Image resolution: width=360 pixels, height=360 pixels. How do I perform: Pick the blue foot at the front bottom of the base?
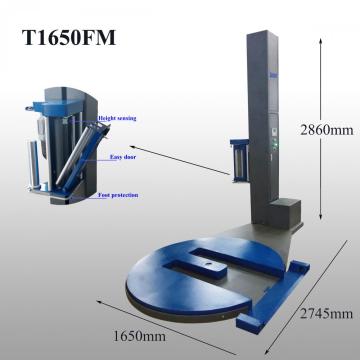point(247,322)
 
